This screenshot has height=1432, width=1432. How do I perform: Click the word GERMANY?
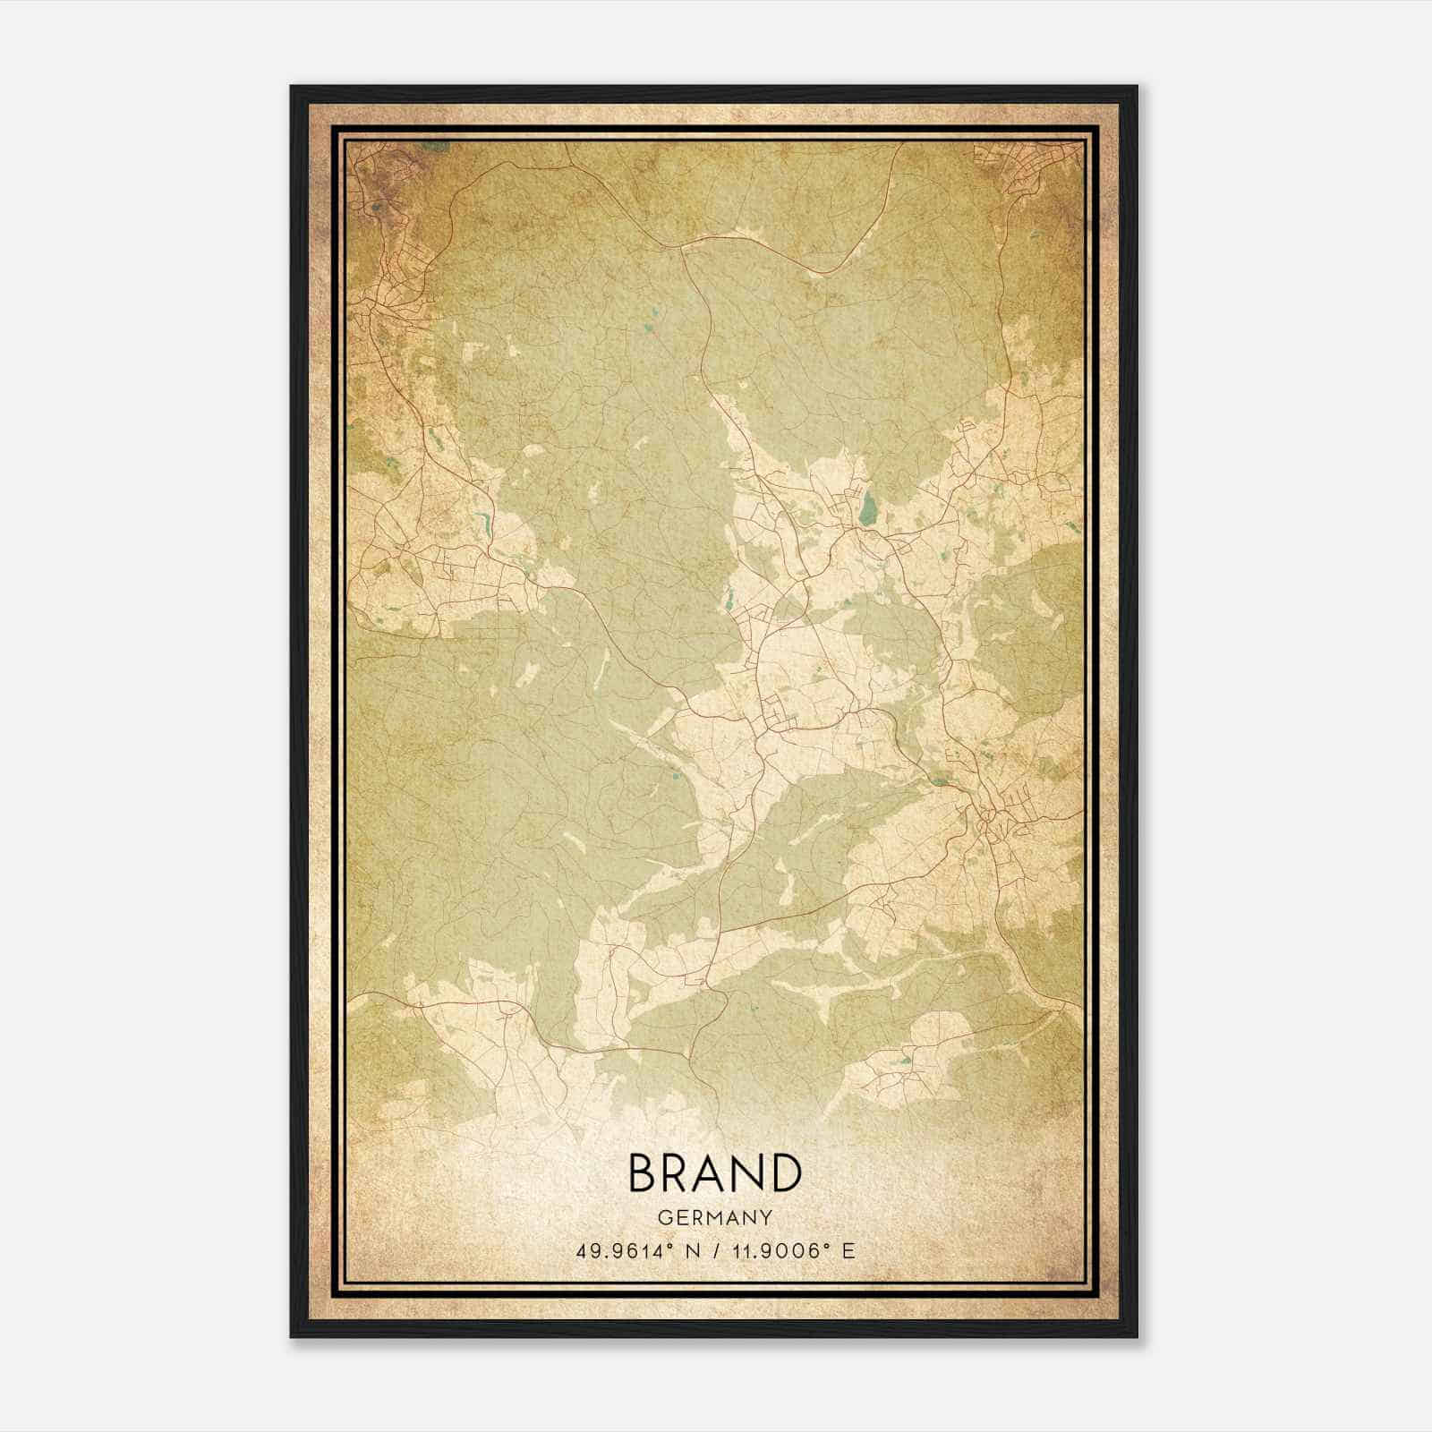click(714, 1218)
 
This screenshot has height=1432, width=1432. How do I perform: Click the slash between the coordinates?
click(716, 1251)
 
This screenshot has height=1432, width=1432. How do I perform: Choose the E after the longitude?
click(848, 1251)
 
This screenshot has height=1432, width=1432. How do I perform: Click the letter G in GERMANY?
click(663, 1218)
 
